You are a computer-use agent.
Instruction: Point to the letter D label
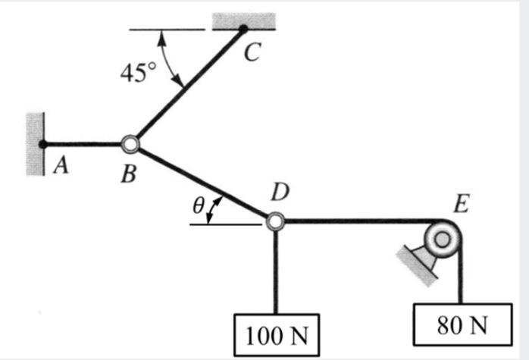(280, 193)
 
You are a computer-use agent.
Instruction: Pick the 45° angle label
(138, 74)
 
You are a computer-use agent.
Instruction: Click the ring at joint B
(130, 142)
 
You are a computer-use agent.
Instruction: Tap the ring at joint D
(275, 221)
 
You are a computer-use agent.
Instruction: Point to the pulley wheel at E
(443, 239)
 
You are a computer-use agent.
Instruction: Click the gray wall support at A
(35, 144)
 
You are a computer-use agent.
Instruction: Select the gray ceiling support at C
(243, 20)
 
